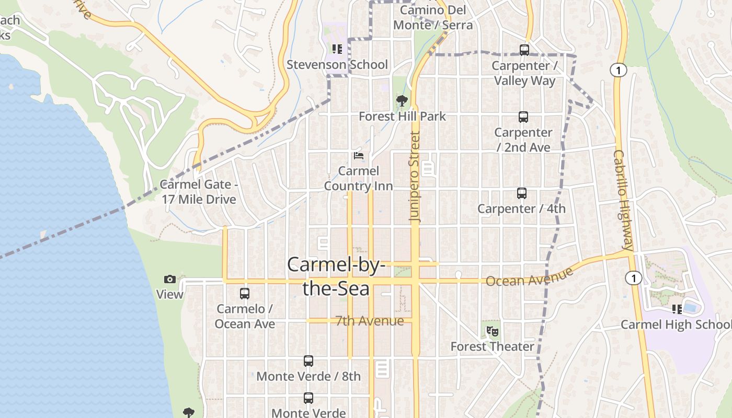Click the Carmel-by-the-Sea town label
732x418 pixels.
coord(336,276)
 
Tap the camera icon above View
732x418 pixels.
coord(169,279)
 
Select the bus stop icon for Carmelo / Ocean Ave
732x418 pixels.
coord(244,293)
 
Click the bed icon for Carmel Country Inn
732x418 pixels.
coord(359,155)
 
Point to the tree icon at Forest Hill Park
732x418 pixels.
coord(402,100)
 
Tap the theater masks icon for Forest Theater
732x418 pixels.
coord(492,331)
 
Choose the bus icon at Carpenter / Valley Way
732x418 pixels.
coord(524,50)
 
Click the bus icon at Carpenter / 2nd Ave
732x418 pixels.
coord(523,117)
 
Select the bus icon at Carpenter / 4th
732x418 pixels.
coord(521,193)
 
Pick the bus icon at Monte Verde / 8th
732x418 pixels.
coord(308,361)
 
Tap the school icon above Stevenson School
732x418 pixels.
coord(337,49)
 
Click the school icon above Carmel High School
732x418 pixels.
coord(677,309)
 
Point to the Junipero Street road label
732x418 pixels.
coord(415,177)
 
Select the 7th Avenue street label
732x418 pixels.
coord(370,321)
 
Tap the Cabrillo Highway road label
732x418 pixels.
coord(624,200)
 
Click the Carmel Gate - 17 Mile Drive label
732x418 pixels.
coord(199,192)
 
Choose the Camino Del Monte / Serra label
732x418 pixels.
coord(433,17)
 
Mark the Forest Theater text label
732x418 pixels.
coord(493,346)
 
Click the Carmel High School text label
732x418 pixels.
coord(676,324)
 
